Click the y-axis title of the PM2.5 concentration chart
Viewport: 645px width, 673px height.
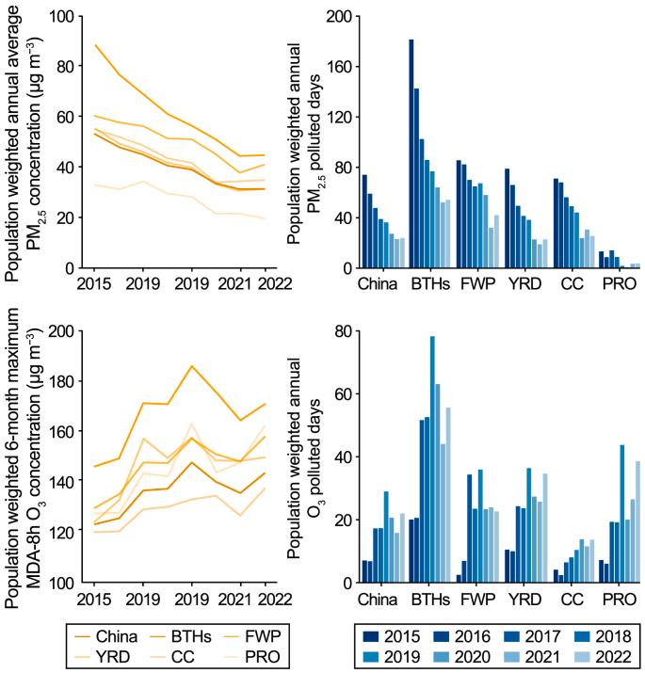click(28, 141)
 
